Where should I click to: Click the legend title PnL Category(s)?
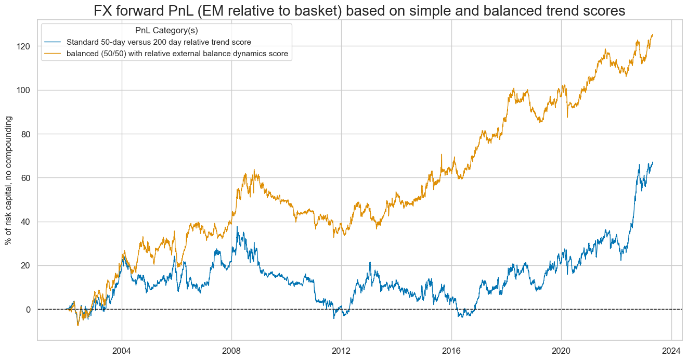(x=166, y=31)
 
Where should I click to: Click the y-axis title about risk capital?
(x=8, y=181)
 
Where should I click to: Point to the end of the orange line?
(x=653, y=35)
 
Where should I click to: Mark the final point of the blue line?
(x=653, y=162)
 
